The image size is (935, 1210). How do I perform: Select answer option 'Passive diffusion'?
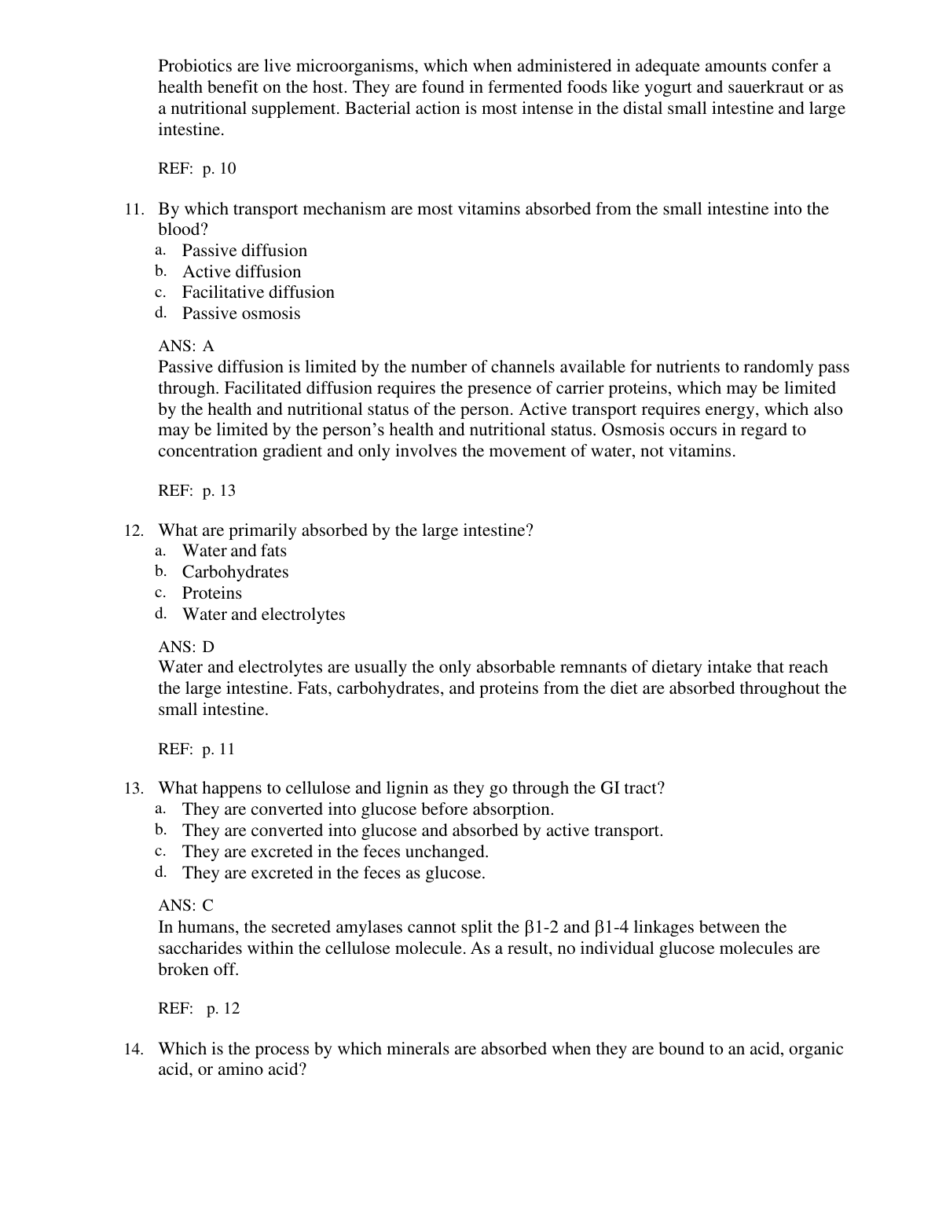tap(244, 251)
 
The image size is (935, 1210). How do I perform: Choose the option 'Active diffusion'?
tap(241, 272)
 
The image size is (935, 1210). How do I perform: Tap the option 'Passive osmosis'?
tap(241, 313)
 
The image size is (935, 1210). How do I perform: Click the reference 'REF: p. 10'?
tap(196, 169)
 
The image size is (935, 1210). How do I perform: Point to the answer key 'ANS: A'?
tap(186, 346)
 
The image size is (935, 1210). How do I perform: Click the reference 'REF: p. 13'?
tap(196, 491)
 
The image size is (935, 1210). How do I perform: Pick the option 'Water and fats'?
tap(234, 551)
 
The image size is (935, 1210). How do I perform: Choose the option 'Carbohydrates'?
tap(235, 572)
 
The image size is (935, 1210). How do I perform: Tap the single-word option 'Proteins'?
tap(211, 593)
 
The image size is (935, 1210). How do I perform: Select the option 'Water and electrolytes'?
tap(263, 614)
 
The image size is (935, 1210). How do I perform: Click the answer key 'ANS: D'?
tap(186, 647)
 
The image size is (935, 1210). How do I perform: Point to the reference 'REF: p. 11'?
tap(196, 750)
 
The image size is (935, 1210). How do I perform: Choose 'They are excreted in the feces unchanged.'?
tap(335, 852)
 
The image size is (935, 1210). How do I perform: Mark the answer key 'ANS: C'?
tap(186, 906)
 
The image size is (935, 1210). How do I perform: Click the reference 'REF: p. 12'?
tap(199, 1009)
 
